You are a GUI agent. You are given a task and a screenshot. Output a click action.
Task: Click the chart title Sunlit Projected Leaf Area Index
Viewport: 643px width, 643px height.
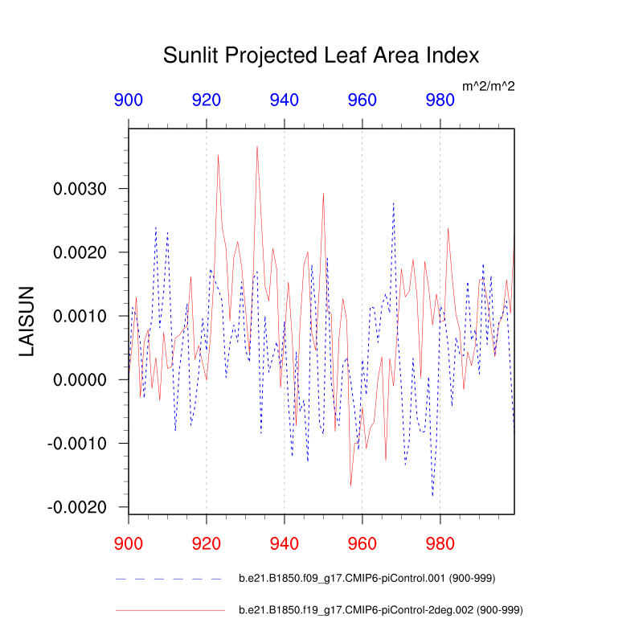[x=321, y=55]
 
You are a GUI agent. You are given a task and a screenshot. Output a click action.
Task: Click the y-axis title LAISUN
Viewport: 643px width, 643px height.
[x=27, y=321]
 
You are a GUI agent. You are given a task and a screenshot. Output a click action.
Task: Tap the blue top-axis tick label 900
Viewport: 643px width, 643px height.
[x=129, y=100]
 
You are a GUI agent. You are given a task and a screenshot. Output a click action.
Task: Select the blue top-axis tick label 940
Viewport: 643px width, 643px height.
[x=285, y=100]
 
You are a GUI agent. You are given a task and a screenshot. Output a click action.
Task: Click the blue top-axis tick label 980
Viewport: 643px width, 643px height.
[x=440, y=100]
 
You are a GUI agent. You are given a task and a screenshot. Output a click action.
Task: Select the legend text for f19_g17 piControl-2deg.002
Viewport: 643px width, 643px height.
[x=381, y=611]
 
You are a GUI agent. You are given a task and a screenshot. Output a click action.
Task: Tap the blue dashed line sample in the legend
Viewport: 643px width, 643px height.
[x=169, y=578]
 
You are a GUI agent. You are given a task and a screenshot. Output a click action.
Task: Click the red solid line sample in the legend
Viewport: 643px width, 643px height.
[x=169, y=611]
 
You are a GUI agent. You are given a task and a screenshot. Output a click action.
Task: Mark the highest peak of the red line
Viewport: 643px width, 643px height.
[x=257, y=146]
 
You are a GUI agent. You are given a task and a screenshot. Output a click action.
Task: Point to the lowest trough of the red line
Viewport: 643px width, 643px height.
[x=350, y=485]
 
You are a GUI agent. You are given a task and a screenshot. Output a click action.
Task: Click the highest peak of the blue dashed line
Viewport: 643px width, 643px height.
[x=394, y=203]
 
